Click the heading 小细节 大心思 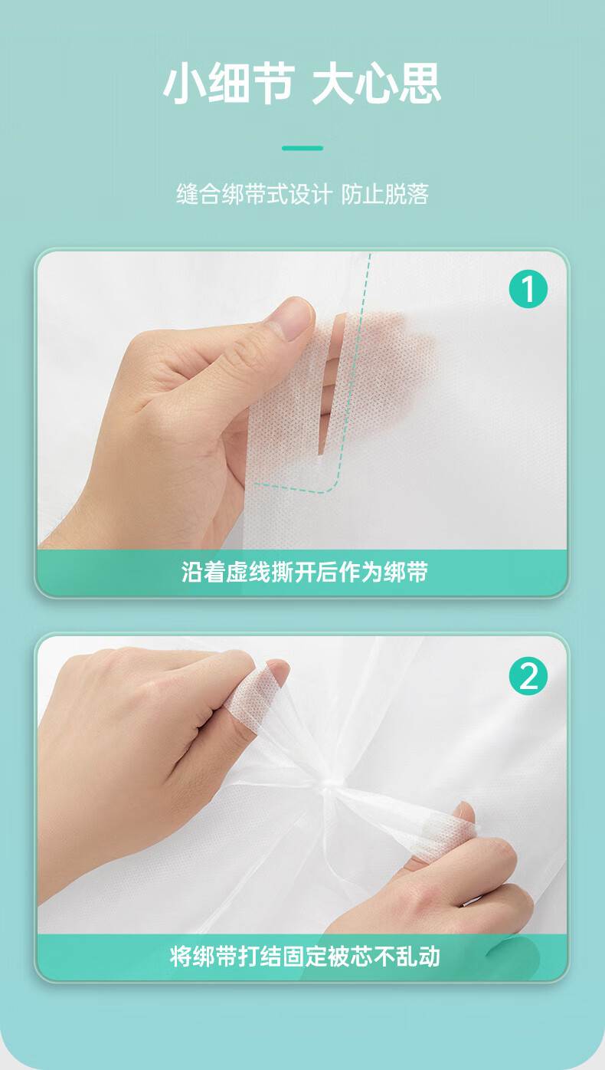pos(302,84)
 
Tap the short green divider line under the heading pos(302,148)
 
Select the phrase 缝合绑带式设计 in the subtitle pos(253,194)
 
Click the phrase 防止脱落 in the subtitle pos(384,194)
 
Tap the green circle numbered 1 pos(528,288)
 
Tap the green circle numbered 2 pos(528,676)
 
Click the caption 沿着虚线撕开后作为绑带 pos(304,572)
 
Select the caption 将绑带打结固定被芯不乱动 pos(304,957)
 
